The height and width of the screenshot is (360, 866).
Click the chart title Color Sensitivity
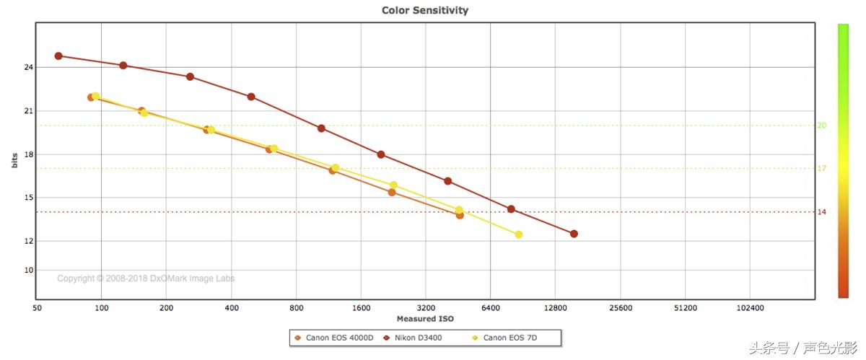[425, 10]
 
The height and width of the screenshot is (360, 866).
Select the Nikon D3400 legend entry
[418, 338]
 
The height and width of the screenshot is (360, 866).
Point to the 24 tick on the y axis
[29, 68]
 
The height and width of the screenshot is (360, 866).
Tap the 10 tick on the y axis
[29, 271]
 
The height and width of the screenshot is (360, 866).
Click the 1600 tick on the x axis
[361, 307]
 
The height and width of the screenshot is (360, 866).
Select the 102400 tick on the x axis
[750, 307]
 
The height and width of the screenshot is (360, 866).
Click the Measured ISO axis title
[425, 319]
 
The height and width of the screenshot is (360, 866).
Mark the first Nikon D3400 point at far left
[58, 56]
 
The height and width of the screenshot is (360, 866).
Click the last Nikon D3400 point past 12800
[574, 234]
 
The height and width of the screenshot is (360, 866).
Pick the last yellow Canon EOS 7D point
[518, 234]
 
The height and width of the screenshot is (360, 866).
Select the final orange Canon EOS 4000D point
[460, 215]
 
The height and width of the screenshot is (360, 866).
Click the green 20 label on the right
[821, 126]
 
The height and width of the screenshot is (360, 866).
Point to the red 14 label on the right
[821, 212]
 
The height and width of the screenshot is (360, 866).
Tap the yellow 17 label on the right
[821, 169]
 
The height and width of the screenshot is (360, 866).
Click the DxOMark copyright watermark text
[146, 278]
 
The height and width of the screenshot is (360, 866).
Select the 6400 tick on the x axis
[490, 307]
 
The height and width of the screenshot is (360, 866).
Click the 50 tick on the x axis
[37, 307]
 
